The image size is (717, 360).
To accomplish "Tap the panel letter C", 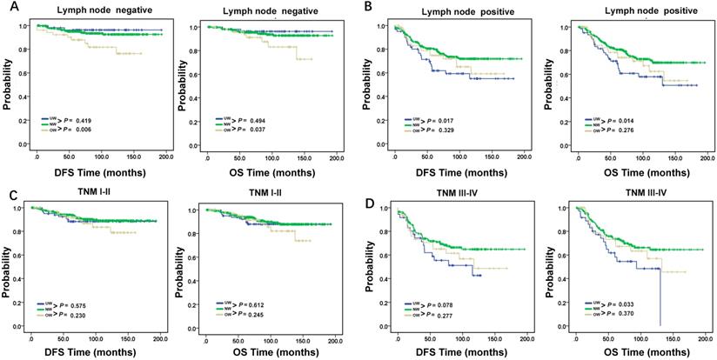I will tap(9, 190).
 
